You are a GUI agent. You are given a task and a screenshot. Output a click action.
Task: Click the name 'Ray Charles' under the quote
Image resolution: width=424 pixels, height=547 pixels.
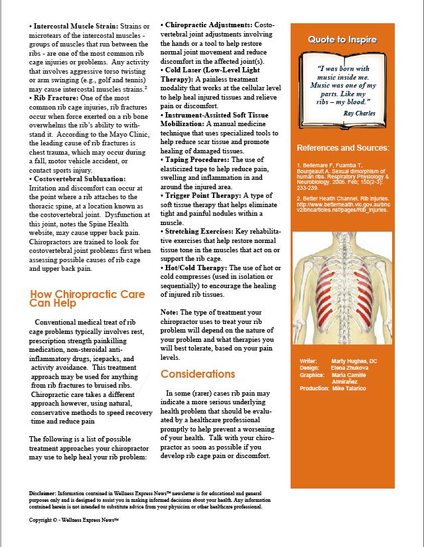pos(358,114)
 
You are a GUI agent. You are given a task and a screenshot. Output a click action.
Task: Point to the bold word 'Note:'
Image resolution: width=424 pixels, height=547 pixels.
pos(171,312)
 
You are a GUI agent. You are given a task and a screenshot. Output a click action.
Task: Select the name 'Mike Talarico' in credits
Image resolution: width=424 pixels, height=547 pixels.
pos(353,388)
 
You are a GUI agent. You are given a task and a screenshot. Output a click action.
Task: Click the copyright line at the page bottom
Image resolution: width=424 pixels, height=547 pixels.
pos(74,520)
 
